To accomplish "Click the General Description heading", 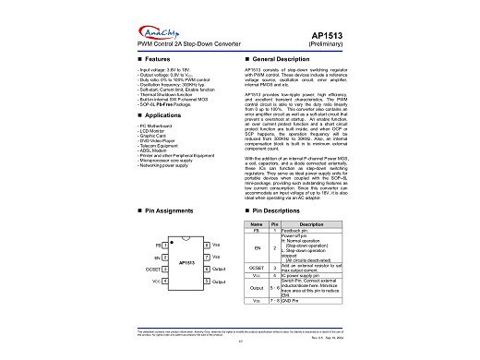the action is [282, 59].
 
